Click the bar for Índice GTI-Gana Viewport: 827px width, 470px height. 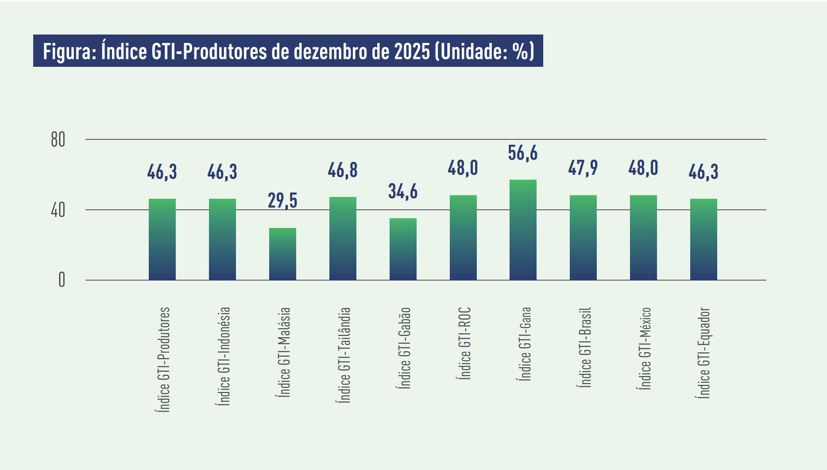click(x=523, y=230)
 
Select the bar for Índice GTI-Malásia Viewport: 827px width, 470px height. click(x=282, y=254)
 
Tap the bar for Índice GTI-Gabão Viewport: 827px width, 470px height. click(x=403, y=249)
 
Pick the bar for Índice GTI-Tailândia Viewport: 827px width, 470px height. click(x=343, y=239)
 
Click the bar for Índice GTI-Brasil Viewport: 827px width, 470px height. click(x=583, y=238)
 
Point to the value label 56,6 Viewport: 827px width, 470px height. click(x=523, y=153)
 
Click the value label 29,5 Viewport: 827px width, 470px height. click(x=282, y=200)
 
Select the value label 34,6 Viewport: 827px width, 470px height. click(x=403, y=192)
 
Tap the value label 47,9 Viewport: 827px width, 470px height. click(x=583, y=168)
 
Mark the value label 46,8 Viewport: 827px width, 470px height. click(x=343, y=170)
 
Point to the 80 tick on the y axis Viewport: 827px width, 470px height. click(x=58, y=140)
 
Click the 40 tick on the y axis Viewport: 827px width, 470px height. click(x=58, y=210)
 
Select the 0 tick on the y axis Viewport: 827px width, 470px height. click(x=62, y=280)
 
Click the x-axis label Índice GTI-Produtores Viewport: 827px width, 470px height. click(x=163, y=359)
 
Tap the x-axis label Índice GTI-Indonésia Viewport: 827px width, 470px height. click(x=223, y=356)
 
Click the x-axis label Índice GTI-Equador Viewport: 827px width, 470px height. click(x=704, y=353)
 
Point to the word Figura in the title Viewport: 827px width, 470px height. click(x=68, y=52)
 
